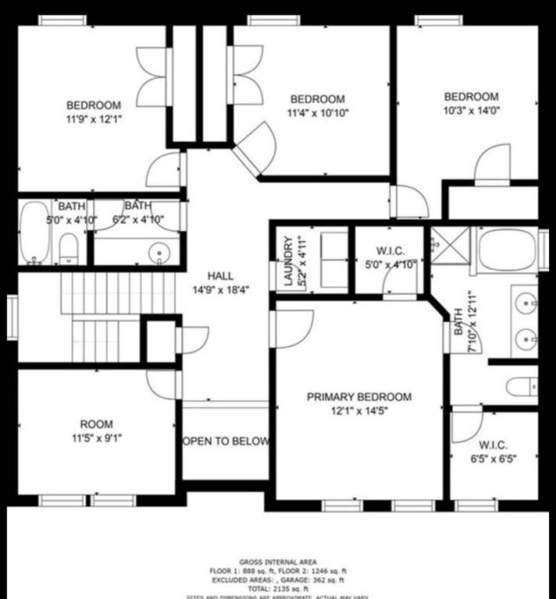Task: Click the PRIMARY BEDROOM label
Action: pos(358,397)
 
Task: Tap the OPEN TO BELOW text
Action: pos(226,441)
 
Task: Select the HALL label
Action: pos(220,276)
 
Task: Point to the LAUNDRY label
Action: pos(287,262)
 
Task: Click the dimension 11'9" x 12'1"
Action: pos(94,119)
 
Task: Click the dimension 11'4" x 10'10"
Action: pos(317,112)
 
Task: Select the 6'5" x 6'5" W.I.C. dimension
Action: pos(494,460)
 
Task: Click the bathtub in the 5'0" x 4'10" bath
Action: pos(34,232)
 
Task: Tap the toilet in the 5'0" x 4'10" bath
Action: pos(69,250)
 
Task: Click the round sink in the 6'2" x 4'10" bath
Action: pos(161,253)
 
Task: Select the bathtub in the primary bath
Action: pos(506,249)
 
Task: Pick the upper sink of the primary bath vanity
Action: pos(526,302)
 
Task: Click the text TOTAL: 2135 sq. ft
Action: pos(277,588)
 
